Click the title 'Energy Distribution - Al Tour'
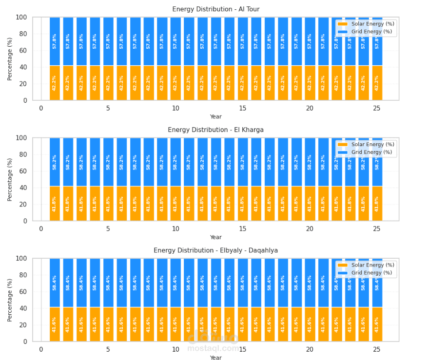tap(215, 9)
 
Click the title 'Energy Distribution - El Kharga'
tap(215, 130)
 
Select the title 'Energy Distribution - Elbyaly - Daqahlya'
tap(215, 250)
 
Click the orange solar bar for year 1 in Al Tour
tap(55, 83)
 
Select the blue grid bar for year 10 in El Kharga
tap(175, 162)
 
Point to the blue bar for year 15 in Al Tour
tap(243, 41)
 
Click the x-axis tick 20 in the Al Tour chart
tap(310, 108)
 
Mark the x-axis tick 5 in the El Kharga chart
tap(108, 228)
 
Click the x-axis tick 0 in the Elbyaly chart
tap(41, 349)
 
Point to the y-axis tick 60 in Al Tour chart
tap(23, 51)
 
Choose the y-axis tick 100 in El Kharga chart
tap(21, 138)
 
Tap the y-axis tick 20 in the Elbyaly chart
tap(23, 325)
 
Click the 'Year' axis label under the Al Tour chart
tap(215, 116)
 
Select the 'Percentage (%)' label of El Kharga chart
tap(10, 179)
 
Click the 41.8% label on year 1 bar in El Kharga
tap(55, 204)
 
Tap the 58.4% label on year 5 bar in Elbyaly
tap(108, 283)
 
